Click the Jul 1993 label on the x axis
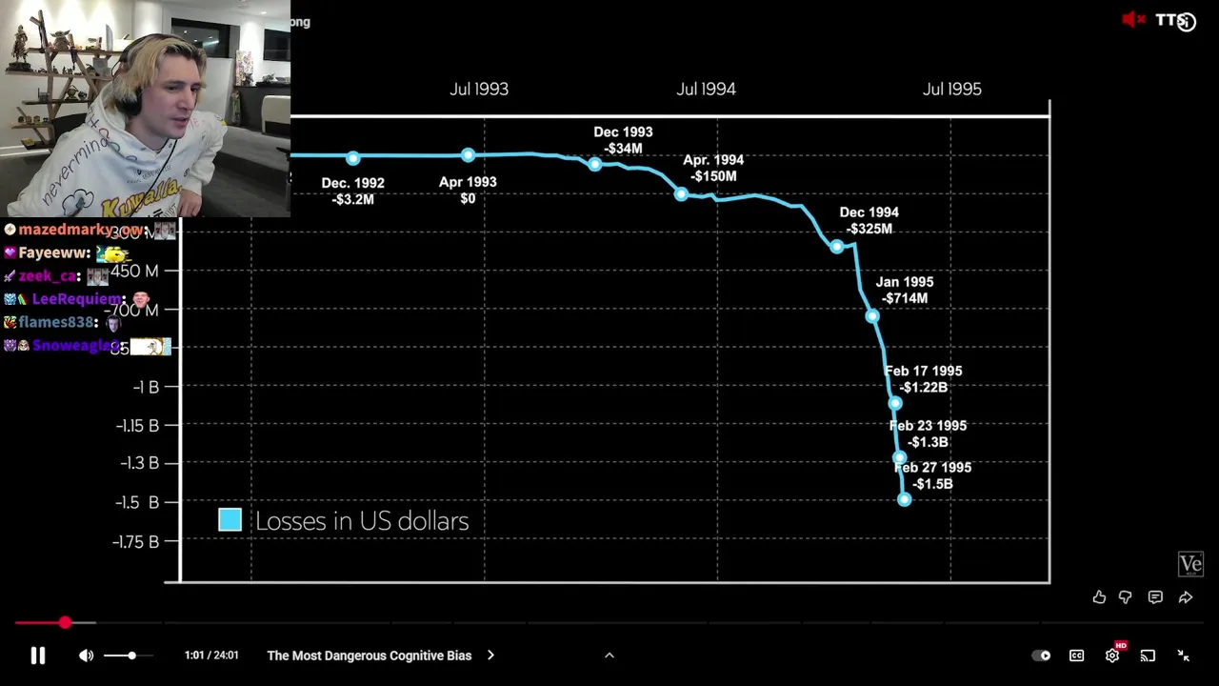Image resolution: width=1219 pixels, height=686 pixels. pos(479,89)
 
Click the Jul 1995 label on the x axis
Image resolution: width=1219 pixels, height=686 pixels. pos(951,89)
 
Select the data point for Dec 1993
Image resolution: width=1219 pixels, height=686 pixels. pos(595,164)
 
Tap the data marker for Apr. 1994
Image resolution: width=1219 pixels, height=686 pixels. pos(681,194)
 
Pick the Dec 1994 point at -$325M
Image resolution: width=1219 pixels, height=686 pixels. pos(837,247)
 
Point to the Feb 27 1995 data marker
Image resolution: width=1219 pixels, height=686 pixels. pos(904,498)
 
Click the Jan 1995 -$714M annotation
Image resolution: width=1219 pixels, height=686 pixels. pos(904,290)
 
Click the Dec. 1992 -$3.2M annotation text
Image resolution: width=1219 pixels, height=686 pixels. pos(353,191)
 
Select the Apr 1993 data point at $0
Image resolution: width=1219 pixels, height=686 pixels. pos(468,154)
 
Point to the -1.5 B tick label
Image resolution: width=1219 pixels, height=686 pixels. pos(137,502)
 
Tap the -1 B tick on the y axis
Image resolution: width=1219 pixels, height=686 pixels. pos(146,387)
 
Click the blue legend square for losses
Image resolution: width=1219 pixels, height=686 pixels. pos(230,519)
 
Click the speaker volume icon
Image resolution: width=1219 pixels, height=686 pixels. pos(86,656)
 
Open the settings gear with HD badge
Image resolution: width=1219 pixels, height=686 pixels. pos(1112,656)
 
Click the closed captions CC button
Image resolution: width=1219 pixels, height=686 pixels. pos(1076,656)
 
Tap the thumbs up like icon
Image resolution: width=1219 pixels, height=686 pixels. pos(1099,597)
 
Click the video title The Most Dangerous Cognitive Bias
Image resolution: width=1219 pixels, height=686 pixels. pos(370,656)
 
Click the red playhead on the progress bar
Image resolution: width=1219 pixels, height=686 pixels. pos(65,622)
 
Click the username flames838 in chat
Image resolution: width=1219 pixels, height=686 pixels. pos(56,322)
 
